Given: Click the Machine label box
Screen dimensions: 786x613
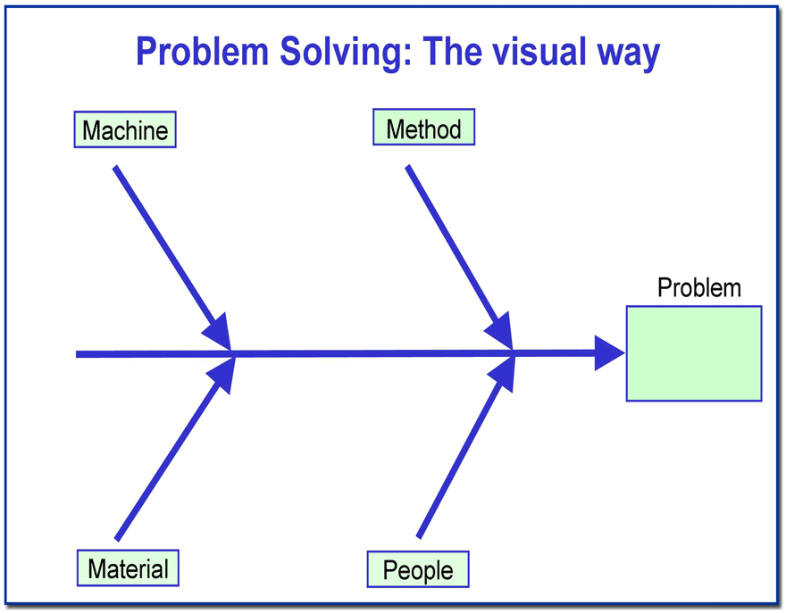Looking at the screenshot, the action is (125, 129).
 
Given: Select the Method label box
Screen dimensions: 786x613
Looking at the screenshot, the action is (423, 128).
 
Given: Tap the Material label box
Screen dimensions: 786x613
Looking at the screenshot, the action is (128, 567).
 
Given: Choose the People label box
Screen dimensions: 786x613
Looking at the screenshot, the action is (418, 569).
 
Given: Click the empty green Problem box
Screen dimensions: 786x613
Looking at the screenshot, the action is (694, 353).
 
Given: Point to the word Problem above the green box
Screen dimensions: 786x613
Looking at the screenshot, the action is (698, 288).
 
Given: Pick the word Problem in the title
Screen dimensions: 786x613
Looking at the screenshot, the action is (203, 51).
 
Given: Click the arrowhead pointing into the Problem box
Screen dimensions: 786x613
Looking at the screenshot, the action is (609, 353).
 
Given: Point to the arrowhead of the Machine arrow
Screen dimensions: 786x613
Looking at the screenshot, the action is (218, 332).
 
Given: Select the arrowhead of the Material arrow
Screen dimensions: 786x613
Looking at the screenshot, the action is (222, 375).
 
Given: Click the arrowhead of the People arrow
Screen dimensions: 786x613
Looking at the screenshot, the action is (502, 374).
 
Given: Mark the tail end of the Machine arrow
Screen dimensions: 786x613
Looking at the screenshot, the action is (115, 167).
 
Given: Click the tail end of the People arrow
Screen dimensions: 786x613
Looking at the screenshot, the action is (419, 537).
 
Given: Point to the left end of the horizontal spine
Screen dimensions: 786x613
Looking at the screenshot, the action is (76, 354).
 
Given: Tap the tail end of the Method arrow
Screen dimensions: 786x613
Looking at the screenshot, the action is (408, 166).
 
